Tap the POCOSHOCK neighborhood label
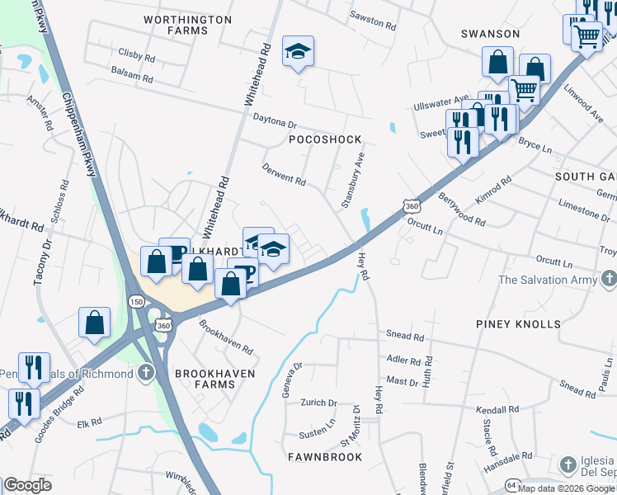click(x=325, y=140)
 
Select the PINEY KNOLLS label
click(x=518, y=324)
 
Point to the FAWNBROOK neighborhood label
click(x=325, y=456)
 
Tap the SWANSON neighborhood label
click(x=490, y=34)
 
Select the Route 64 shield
click(x=512, y=486)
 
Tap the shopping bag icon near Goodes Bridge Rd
click(x=95, y=323)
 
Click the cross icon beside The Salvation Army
click(x=608, y=279)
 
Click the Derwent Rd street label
click(x=284, y=175)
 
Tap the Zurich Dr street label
click(x=321, y=403)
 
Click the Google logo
click(x=27, y=485)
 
